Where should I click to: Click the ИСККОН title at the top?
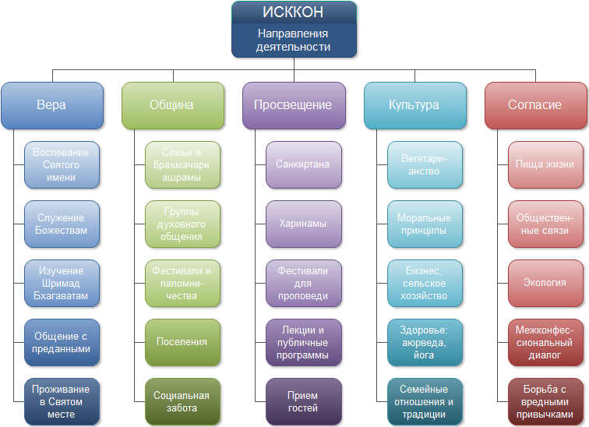tap(294, 12)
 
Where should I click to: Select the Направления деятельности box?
tap(294, 41)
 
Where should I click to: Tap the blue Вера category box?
tap(51, 105)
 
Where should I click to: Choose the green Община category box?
tap(172, 105)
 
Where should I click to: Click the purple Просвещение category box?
tap(294, 105)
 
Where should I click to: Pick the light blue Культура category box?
tap(414, 105)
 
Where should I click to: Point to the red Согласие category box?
tap(535, 105)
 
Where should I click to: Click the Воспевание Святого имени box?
tap(62, 164)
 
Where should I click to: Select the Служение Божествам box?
tap(62, 224)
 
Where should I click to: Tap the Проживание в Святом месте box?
tap(62, 401)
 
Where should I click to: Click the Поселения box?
tap(182, 342)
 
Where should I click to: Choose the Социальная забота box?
tap(182, 401)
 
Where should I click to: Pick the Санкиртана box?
tap(303, 164)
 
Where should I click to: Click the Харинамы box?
tap(303, 224)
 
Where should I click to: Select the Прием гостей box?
tap(303, 401)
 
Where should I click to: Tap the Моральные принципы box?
tap(425, 224)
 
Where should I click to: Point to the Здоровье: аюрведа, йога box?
tap(425, 342)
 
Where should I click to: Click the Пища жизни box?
tap(545, 164)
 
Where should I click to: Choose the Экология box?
tap(545, 283)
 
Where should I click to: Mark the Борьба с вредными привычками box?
tap(545, 401)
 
